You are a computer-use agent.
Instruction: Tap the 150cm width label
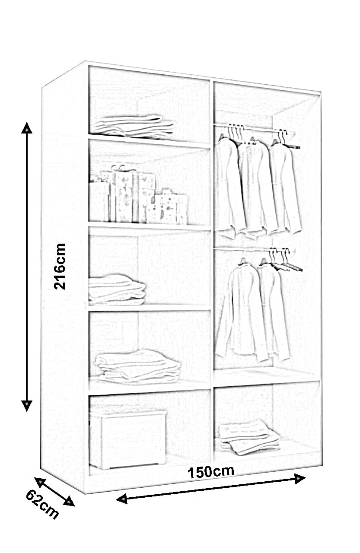210,471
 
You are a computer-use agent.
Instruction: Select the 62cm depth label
42,504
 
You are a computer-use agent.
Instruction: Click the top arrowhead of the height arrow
27,128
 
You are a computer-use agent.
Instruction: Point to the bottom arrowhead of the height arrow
27,405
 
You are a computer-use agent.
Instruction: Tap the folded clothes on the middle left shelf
116,289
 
